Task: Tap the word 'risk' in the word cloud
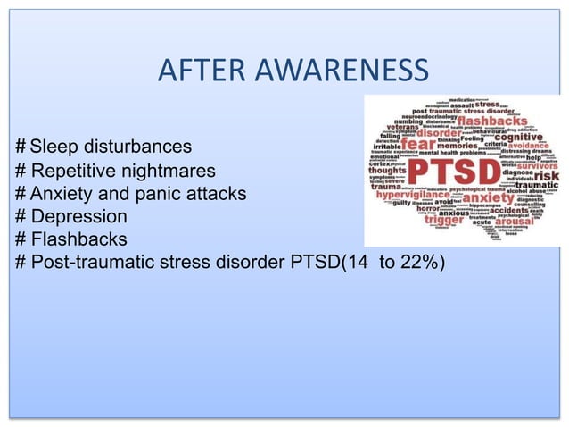(x=545, y=176)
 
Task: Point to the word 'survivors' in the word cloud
(x=536, y=165)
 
